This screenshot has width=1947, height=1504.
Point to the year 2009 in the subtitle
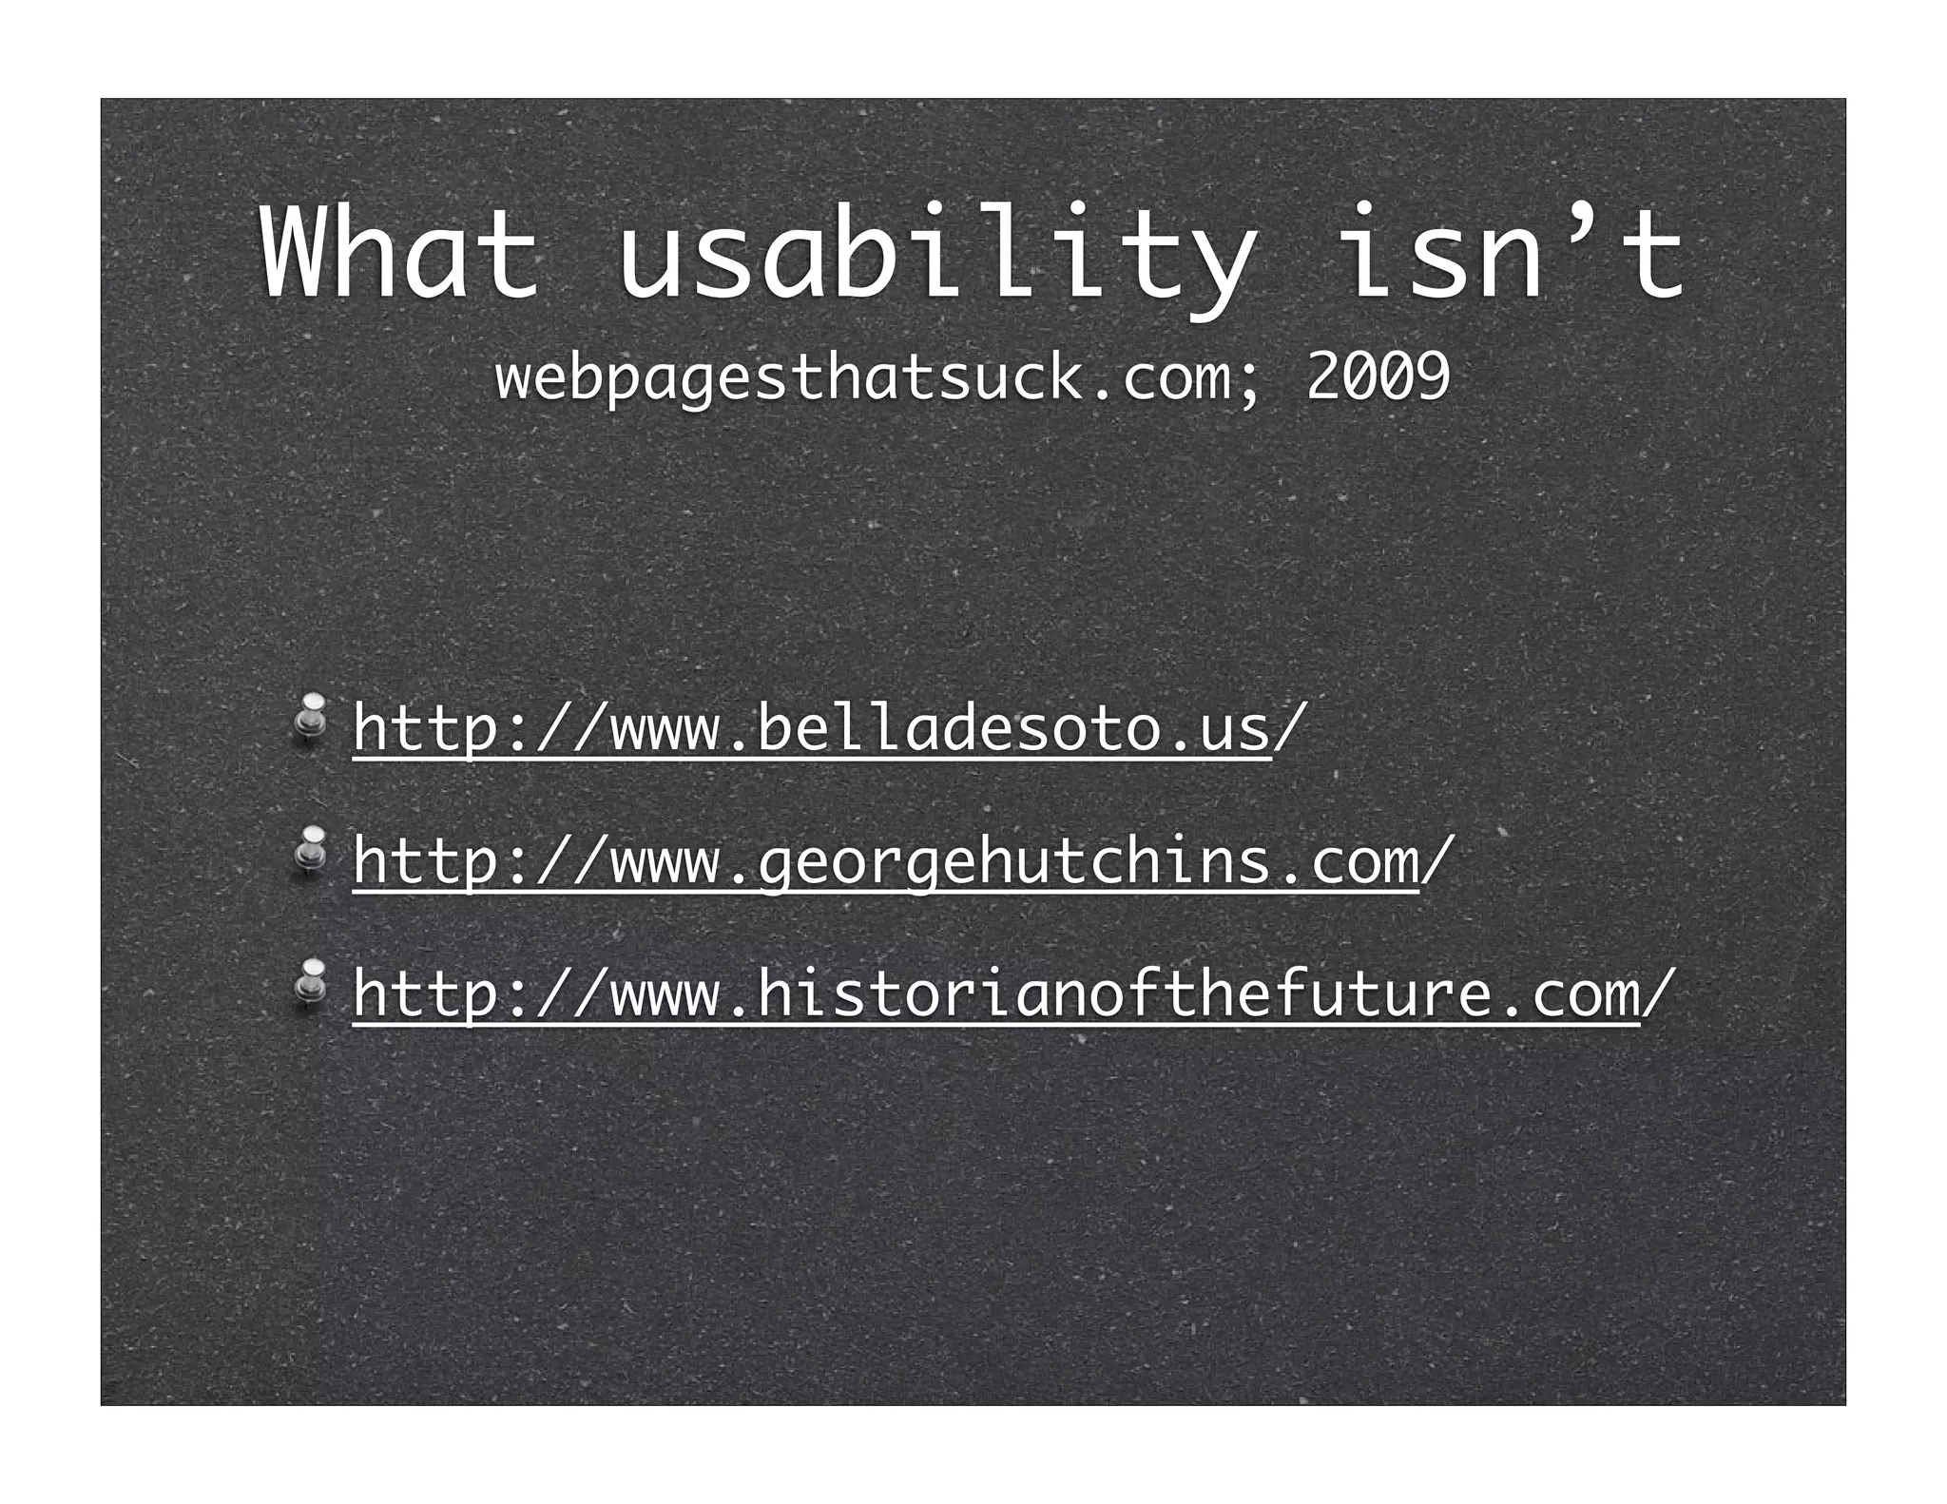point(1378,376)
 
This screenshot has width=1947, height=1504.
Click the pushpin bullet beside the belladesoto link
point(310,716)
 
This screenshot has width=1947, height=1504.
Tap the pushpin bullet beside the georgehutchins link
point(310,848)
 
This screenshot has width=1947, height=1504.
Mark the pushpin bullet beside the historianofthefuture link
point(310,981)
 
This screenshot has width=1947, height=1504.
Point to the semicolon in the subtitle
point(1248,380)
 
